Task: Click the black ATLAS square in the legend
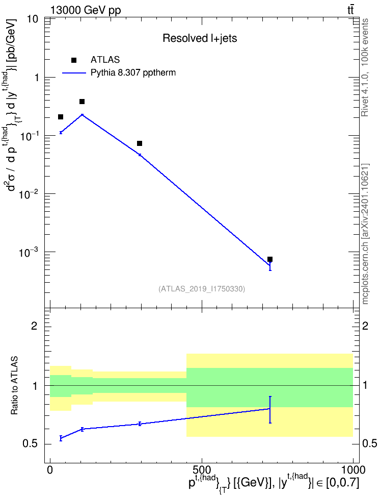click(x=74, y=60)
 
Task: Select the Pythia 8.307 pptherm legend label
click(x=133, y=73)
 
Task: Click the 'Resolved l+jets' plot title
click(x=200, y=38)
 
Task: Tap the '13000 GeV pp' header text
click(x=86, y=10)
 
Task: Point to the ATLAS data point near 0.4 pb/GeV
click(x=82, y=102)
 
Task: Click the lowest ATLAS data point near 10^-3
click(x=270, y=259)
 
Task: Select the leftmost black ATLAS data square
click(x=61, y=117)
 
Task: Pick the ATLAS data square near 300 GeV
click(x=139, y=143)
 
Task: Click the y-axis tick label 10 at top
click(x=33, y=19)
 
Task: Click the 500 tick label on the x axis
click(x=201, y=470)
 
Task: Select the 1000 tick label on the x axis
click(x=353, y=470)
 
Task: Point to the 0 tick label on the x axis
click(x=50, y=470)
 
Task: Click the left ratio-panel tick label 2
click(x=34, y=326)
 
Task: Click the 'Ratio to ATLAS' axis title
click(x=15, y=386)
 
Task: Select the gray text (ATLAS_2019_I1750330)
click(x=202, y=288)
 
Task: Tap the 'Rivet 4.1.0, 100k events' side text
click(x=365, y=68)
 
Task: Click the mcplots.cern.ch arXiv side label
click(x=365, y=234)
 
